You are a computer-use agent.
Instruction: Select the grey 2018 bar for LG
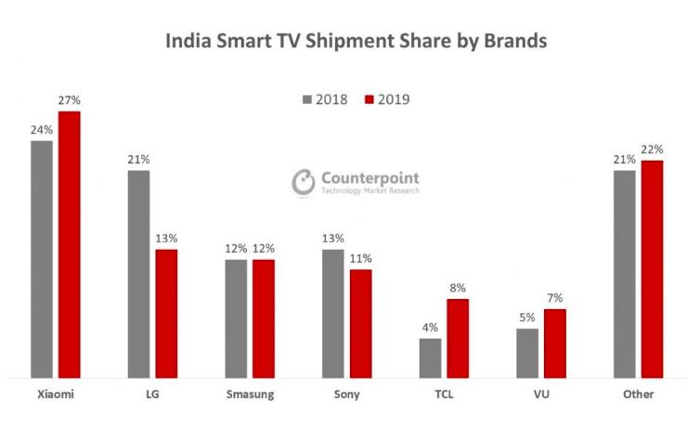point(138,274)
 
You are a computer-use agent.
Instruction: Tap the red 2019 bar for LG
point(166,313)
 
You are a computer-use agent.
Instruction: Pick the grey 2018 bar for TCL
point(430,357)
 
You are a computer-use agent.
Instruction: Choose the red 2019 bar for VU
point(554,343)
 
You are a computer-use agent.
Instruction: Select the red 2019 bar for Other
point(652,268)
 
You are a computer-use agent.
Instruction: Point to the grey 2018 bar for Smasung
point(236,318)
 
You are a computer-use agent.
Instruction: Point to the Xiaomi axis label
point(55,395)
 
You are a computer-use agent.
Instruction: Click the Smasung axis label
point(249,395)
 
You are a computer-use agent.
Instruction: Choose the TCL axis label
point(444,395)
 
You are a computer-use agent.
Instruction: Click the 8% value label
point(458,289)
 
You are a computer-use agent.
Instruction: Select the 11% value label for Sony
point(360,259)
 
